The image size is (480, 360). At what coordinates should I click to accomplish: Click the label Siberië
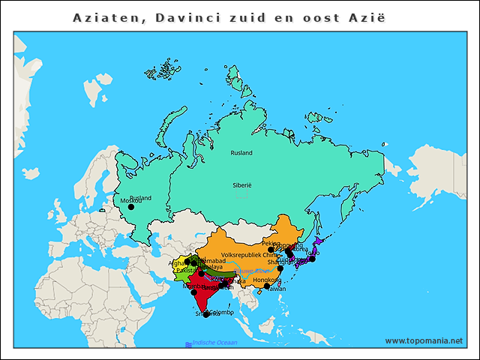click(x=241, y=184)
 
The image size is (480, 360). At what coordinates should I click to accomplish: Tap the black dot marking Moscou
click(x=130, y=207)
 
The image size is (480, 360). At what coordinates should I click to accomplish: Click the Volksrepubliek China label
click(x=249, y=255)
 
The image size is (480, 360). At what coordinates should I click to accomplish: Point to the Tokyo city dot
click(x=313, y=259)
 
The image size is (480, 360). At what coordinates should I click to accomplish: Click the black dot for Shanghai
click(x=280, y=268)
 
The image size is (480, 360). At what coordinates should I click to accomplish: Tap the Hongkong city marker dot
click(x=267, y=286)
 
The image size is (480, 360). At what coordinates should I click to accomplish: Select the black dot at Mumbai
click(x=194, y=292)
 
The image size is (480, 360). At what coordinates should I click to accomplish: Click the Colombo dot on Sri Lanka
click(x=206, y=315)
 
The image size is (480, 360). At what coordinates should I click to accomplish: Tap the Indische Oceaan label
click(x=214, y=343)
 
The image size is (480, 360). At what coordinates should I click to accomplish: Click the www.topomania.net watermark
click(x=424, y=341)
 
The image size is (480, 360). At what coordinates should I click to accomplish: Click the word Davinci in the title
click(x=187, y=16)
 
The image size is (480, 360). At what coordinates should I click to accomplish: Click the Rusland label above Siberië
click(x=241, y=153)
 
